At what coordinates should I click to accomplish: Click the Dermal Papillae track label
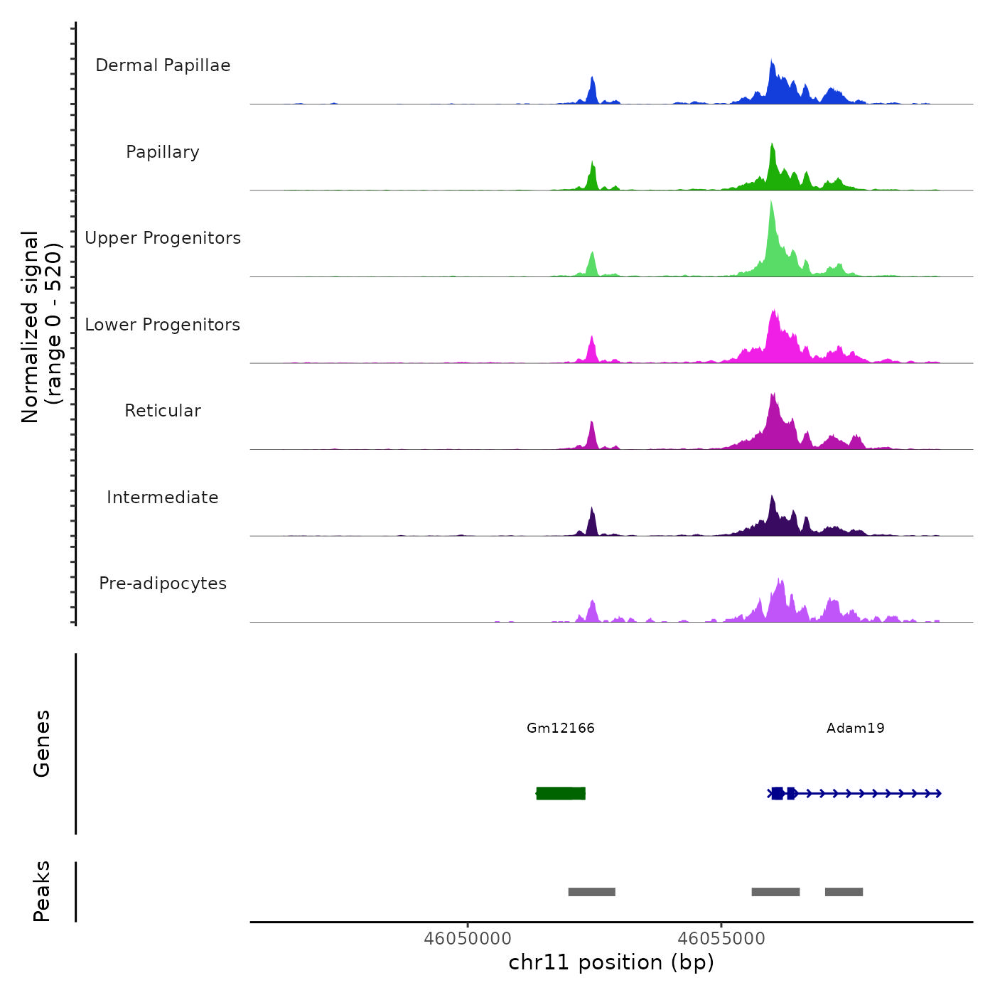(x=163, y=65)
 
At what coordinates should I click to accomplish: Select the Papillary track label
(x=163, y=152)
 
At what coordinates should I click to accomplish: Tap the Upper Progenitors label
(x=163, y=238)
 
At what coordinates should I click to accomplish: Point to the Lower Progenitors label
(x=163, y=325)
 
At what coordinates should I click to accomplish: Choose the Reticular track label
(x=163, y=411)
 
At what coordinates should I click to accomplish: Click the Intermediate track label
(x=163, y=497)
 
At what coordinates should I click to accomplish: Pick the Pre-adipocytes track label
(x=163, y=583)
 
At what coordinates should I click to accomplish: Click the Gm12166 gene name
(x=561, y=728)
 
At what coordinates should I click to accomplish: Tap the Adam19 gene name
(x=856, y=728)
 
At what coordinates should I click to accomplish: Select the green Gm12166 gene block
(x=561, y=793)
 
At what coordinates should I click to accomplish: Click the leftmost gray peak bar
(x=591, y=892)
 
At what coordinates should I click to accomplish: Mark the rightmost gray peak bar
(x=844, y=892)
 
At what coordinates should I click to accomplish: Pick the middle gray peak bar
(x=775, y=892)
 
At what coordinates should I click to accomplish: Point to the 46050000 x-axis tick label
(x=468, y=938)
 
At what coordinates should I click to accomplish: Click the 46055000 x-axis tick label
(x=721, y=938)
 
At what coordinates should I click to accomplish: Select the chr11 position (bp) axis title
(x=611, y=962)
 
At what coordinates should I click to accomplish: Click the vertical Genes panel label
(x=42, y=743)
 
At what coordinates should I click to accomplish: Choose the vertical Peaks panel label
(x=42, y=891)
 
